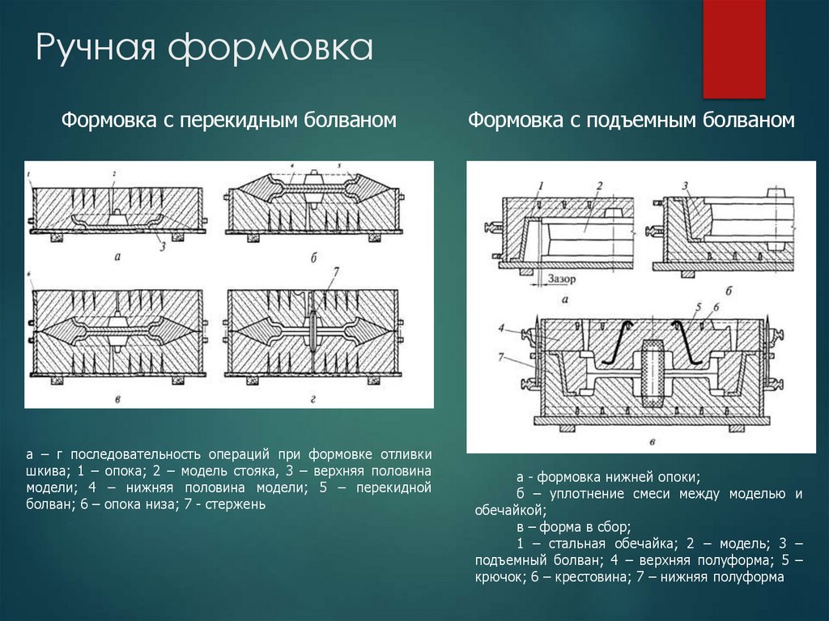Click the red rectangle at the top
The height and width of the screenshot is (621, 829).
[733, 49]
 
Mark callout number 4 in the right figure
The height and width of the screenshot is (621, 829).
[502, 329]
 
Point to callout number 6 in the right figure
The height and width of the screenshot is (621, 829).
[716, 308]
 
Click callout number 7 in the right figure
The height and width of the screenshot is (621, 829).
[502, 357]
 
